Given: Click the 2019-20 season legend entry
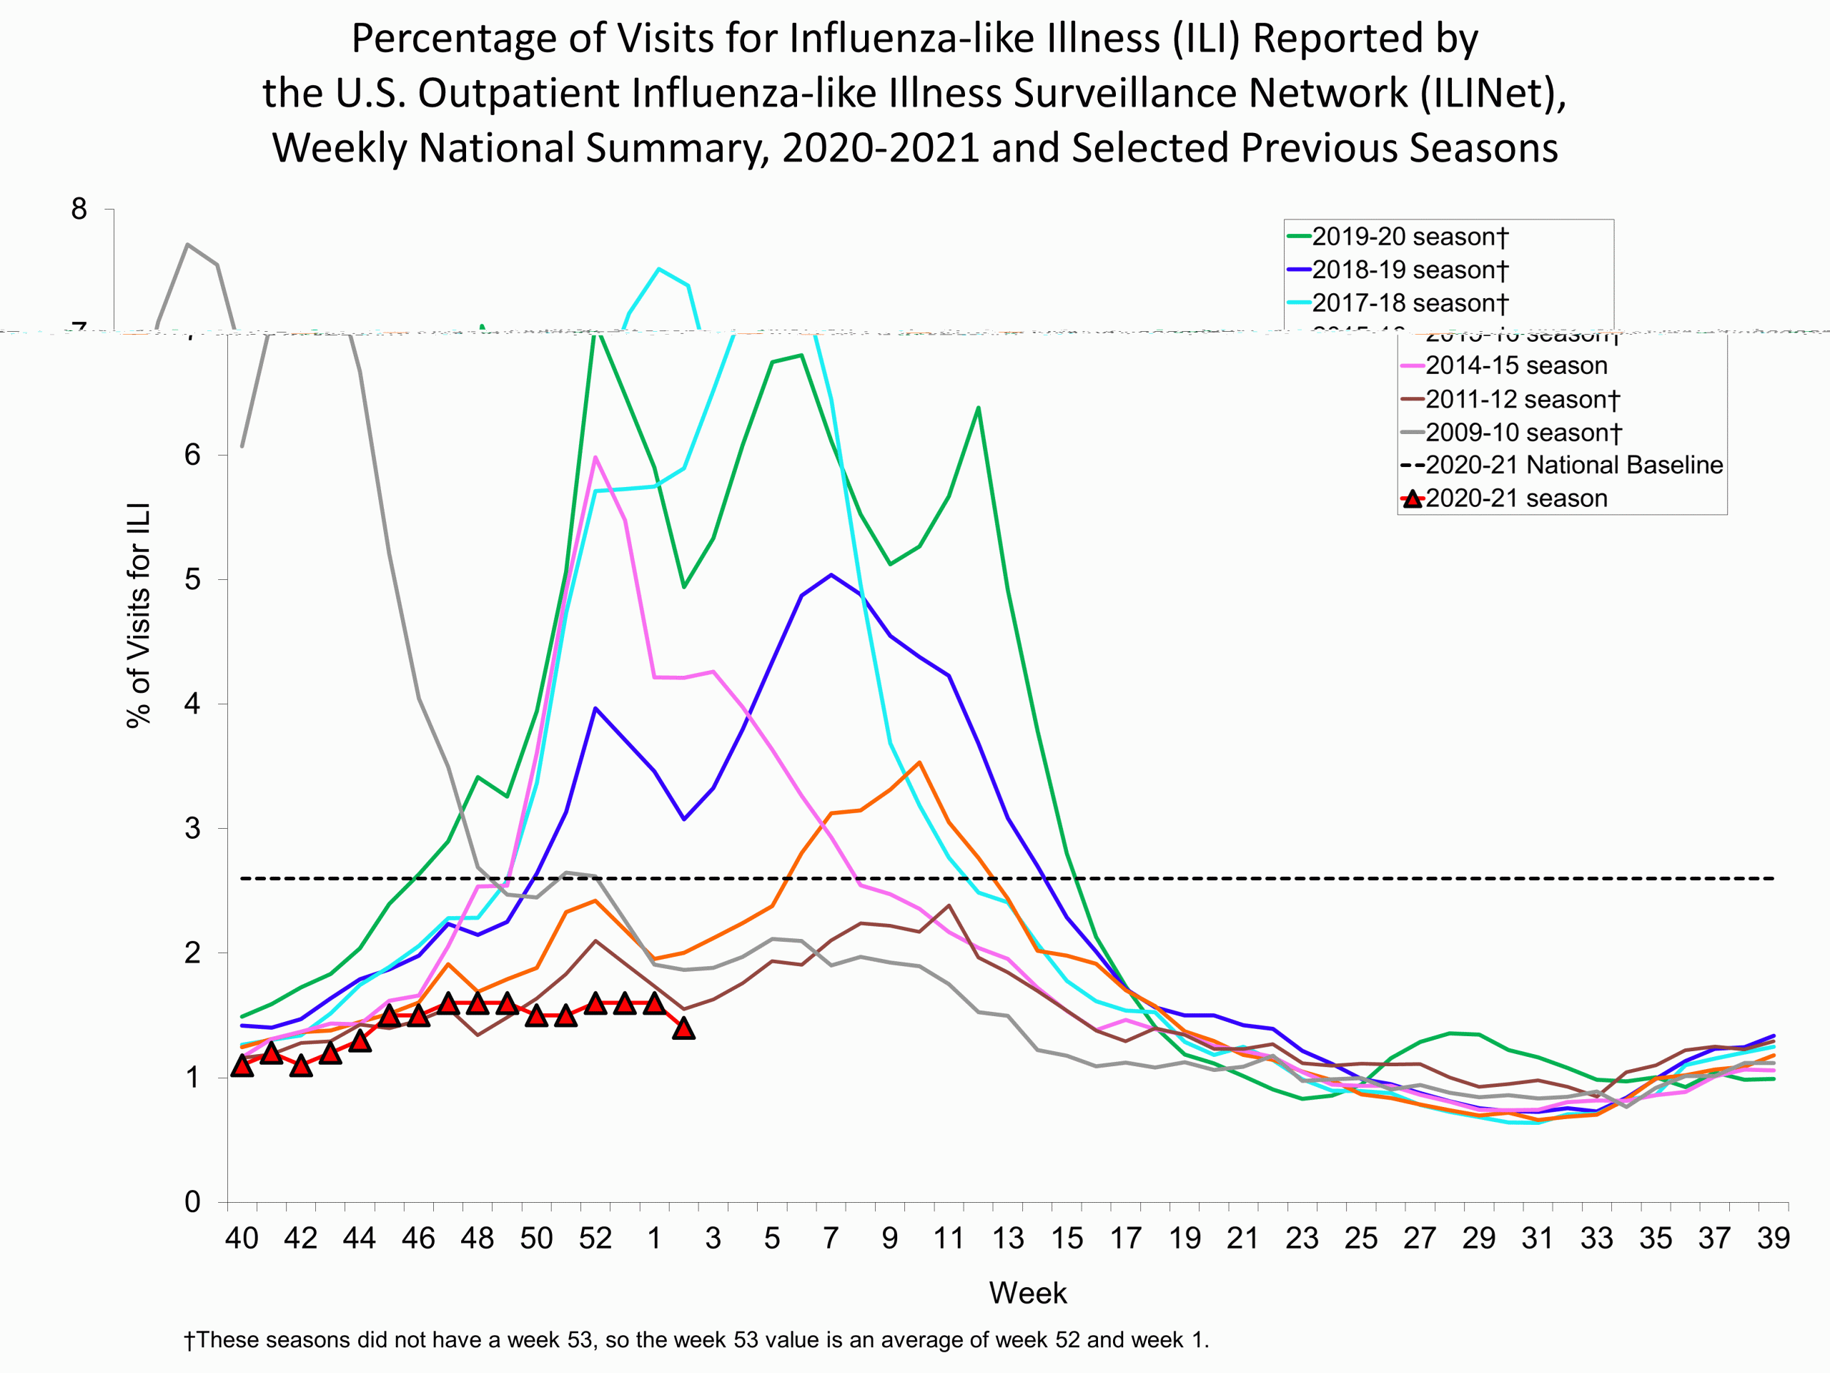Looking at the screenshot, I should pos(1409,237).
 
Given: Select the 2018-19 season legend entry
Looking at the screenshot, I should pos(1409,270).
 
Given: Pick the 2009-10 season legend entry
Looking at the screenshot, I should pos(1522,432).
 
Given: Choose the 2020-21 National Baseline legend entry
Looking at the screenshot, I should pos(1573,465).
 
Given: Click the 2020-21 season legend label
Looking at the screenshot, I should pos(1515,498).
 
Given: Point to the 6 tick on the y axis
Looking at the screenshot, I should pos(192,454).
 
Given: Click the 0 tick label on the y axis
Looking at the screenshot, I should pos(192,1201).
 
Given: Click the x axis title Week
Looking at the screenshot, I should pos(1027,1293).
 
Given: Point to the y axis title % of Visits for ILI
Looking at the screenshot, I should pos(138,615).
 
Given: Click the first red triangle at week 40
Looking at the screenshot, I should pos(242,1065).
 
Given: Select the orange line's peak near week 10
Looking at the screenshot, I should pos(919,762).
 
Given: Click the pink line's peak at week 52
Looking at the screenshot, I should pos(595,457).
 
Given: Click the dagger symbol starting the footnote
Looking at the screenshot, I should pos(189,1340).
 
